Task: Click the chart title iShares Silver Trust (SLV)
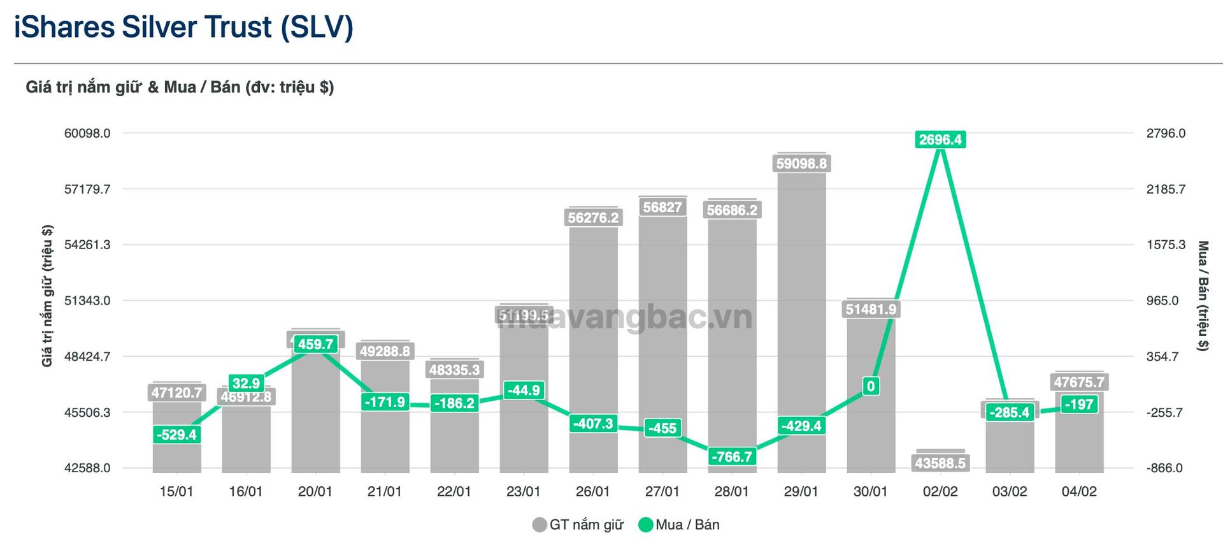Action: (183, 27)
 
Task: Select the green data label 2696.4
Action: (940, 140)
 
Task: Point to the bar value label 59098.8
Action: (801, 164)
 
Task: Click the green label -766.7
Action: (732, 457)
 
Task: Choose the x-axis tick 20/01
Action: (315, 491)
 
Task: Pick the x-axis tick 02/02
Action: (940, 491)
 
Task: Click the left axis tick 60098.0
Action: (87, 133)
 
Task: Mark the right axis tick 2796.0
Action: (1166, 133)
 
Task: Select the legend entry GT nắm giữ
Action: (578, 525)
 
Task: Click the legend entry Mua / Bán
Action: (680, 525)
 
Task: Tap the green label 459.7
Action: (315, 345)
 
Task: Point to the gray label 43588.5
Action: (940, 463)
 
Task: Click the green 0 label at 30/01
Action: (871, 386)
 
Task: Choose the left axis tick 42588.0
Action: (87, 468)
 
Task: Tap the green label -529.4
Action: (176, 435)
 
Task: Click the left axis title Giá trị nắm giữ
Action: (47, 296)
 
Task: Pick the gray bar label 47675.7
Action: (1079, 382)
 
